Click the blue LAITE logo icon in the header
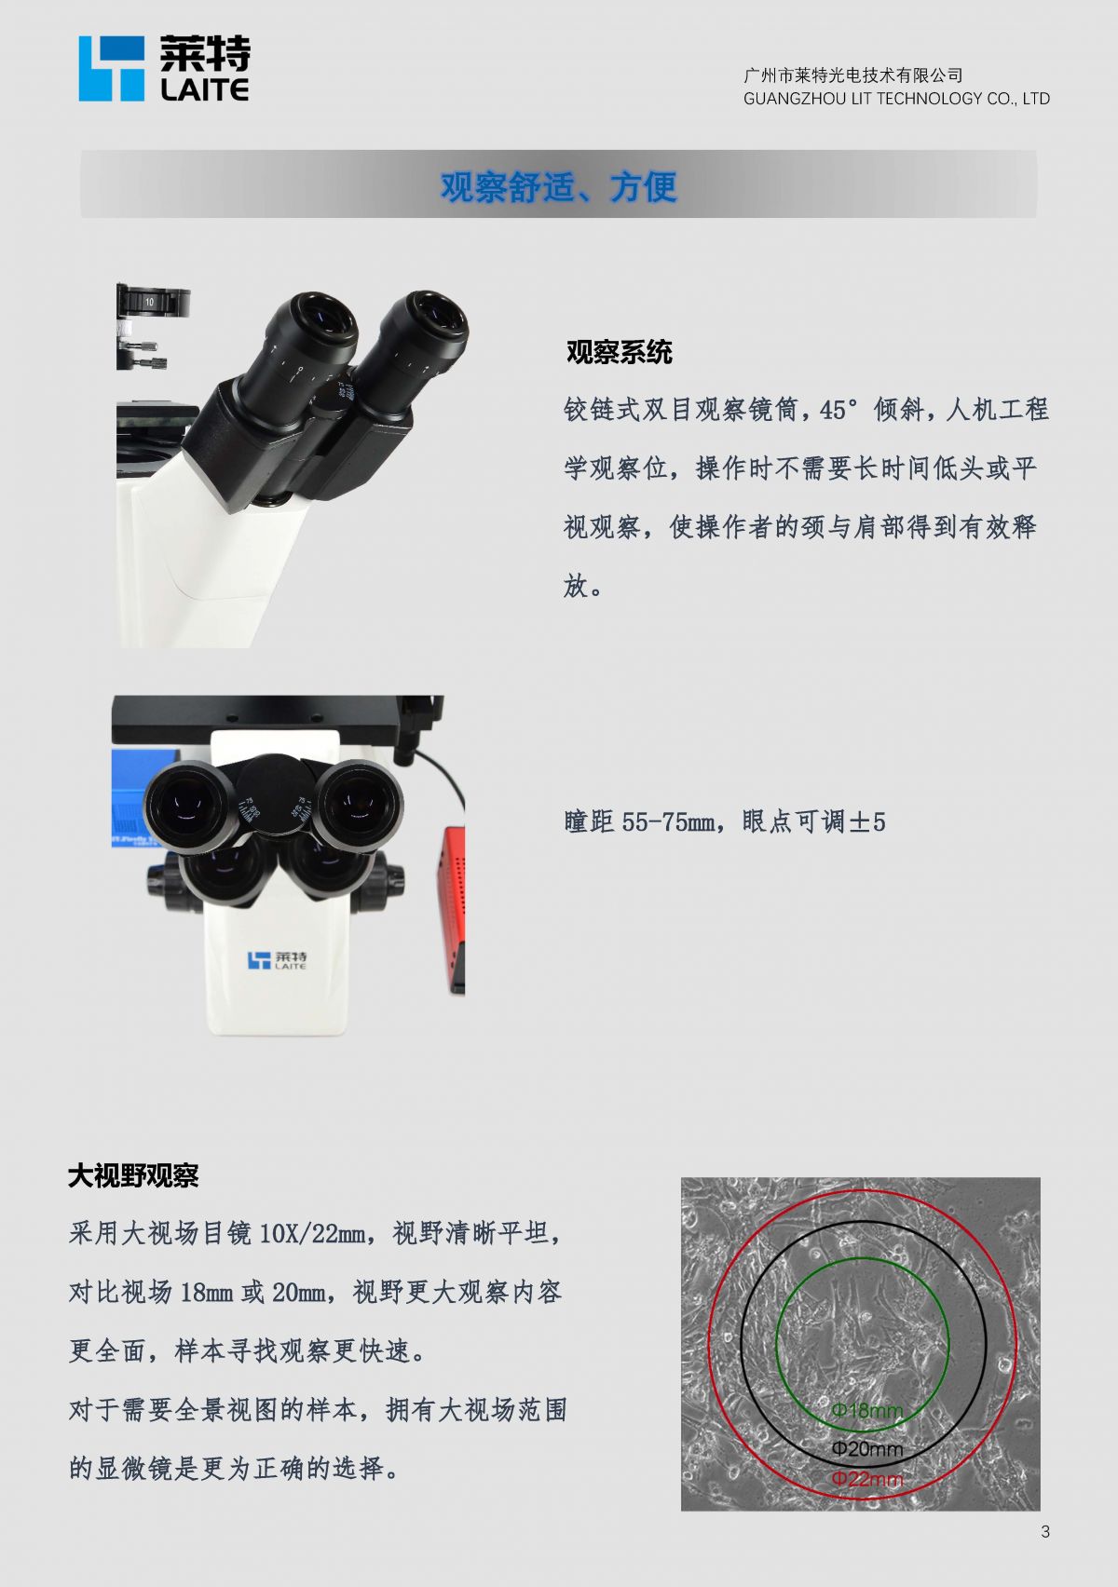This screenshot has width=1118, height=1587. pos(111,69)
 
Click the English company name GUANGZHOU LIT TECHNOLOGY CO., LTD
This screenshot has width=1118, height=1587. pos(896,99)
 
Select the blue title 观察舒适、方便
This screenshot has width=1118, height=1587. pos(559,186)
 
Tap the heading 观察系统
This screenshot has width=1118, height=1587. pos(619,352)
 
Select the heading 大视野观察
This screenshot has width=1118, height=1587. pos(132,1176)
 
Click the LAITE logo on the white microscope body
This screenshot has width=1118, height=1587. pos(278,961)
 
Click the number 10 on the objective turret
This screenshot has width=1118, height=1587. pos(149,302)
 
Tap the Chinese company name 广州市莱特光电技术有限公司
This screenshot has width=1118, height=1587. pos(852,75)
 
